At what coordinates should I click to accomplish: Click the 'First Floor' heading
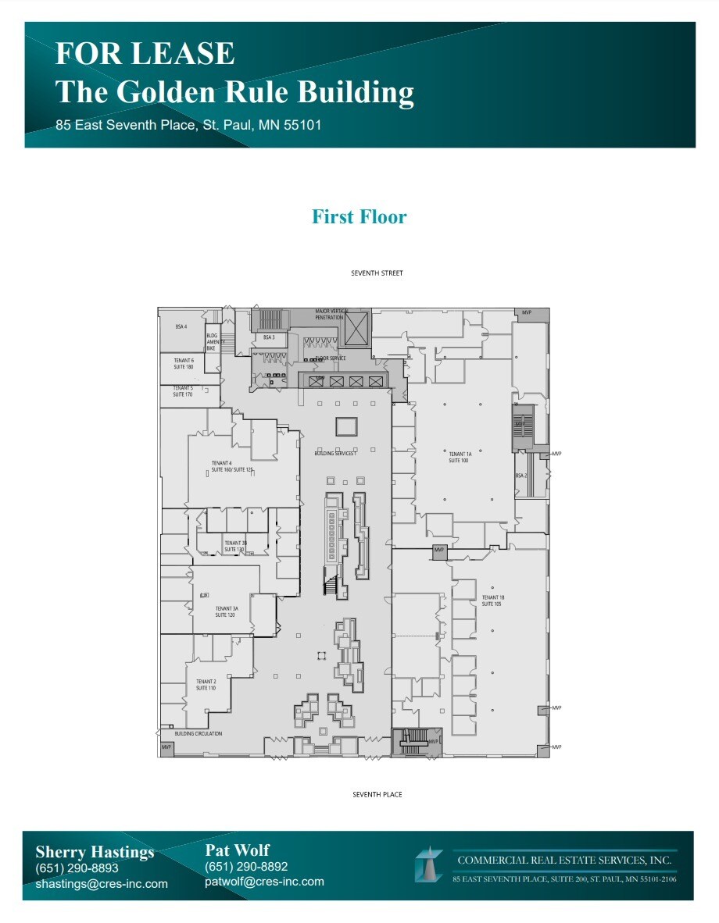[x=359, y=216]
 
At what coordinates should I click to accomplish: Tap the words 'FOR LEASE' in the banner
[x=145, y=54]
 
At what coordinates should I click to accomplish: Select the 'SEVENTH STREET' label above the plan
[x=377, y=273]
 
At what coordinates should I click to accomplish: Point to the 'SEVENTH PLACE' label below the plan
[x=377, y=794]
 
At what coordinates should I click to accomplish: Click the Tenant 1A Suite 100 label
[x=459, y=457]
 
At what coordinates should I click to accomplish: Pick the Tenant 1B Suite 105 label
[x=493, y=600]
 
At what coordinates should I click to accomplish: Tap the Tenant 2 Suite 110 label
[x=206, y=685]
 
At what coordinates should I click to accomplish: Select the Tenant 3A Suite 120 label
[x=226, y=611]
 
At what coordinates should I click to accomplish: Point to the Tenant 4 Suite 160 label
[x=232, y=466]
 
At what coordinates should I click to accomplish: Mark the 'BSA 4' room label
[x=181, y=326]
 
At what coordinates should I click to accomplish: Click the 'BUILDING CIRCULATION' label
[x=198, y=734]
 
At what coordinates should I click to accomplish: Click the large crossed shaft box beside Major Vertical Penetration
[x=356, y=327]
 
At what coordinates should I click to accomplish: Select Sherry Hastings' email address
[x=102, y=884]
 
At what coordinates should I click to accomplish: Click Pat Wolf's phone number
[x=246, y=867]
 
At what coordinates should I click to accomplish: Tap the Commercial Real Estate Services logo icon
[x=429, y=865]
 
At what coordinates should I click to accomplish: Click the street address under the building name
[x=188, y=125]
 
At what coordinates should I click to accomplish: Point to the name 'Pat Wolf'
[x=237, y=850]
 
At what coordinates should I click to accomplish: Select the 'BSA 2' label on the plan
[x=520, y=476]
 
